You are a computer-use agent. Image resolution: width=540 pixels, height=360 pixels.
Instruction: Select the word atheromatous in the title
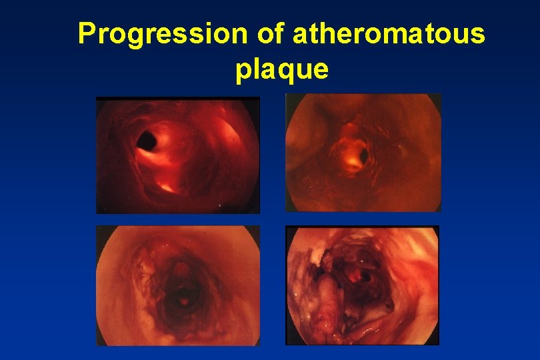coord(389,34)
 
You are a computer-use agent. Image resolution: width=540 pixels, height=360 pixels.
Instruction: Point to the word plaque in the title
coord(282,69)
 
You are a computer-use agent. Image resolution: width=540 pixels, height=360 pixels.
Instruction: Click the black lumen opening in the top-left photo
coord(146,140)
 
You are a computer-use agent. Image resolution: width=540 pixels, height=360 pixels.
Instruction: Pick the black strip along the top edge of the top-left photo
coord(177,99)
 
